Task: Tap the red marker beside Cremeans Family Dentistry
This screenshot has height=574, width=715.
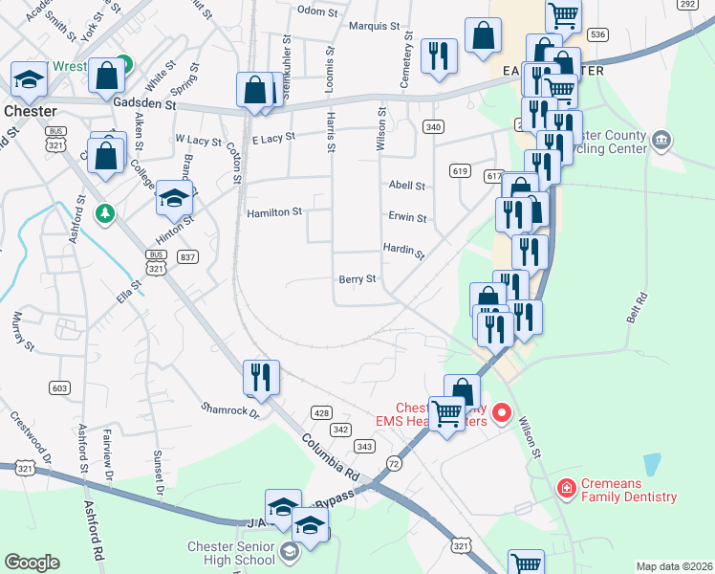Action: [566, 490]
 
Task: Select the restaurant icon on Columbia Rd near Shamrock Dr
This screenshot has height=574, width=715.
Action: [261, 377]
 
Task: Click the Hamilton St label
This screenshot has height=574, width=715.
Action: [274, 212]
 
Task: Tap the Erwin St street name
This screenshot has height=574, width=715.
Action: [407, 218]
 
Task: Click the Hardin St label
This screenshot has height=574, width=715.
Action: [403, 250]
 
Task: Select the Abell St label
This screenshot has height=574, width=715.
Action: [406, 186]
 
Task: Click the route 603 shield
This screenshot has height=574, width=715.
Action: [60, 386]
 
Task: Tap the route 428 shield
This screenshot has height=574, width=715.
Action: [320, 412]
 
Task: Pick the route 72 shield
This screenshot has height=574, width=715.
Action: [394, 463]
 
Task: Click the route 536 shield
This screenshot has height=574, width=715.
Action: [598, 34]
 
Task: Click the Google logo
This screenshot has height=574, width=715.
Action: [32, 563]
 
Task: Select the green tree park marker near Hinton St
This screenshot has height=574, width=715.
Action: [105, 212]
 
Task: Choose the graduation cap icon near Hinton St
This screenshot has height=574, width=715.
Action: [174, 198]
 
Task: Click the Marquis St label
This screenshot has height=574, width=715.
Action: [373, 27]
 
